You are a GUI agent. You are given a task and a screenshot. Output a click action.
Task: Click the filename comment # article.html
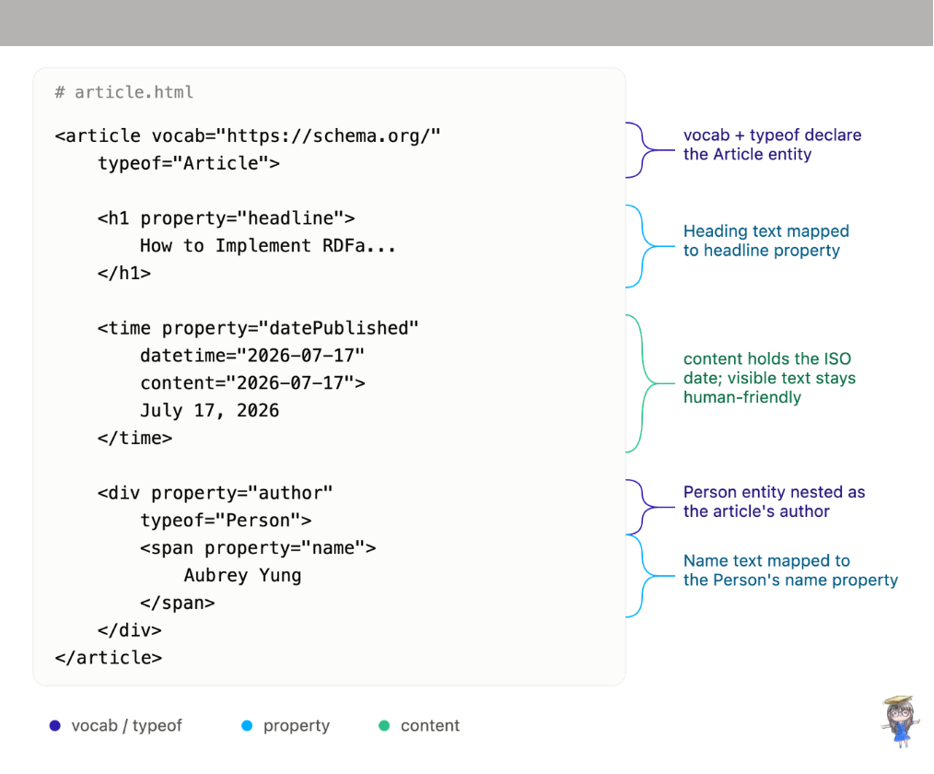click(124, 92)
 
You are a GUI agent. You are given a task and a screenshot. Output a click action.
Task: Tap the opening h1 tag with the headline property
click(227, 218)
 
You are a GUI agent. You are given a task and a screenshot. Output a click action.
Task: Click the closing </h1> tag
click(124, 274)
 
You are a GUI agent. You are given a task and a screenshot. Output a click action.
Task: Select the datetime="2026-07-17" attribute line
click(252, 356)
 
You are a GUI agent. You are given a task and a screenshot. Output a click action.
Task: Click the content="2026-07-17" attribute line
click(252, 383)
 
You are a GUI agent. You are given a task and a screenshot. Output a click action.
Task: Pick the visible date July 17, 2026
click(210, 411)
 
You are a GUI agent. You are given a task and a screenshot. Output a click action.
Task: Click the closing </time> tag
click(134, 438)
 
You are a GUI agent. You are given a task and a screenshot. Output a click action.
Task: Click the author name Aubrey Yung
click(242, 576)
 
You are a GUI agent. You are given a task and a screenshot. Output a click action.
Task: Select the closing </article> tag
click(108, 658)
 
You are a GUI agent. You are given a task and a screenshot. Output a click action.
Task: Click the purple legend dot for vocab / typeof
click(54, 726)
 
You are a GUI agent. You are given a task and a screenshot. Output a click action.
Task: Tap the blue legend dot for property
click(247, 726)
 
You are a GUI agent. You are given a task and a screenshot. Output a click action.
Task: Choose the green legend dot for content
click(384, 726)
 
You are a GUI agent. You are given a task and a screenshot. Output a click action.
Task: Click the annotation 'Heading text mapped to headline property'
click(766, 240)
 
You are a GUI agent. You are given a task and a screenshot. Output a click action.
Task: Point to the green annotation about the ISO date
click(769, 378)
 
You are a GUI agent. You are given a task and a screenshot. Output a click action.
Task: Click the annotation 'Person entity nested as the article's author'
click(774, 501)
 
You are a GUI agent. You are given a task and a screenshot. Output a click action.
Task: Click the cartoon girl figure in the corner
click(900, 721)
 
